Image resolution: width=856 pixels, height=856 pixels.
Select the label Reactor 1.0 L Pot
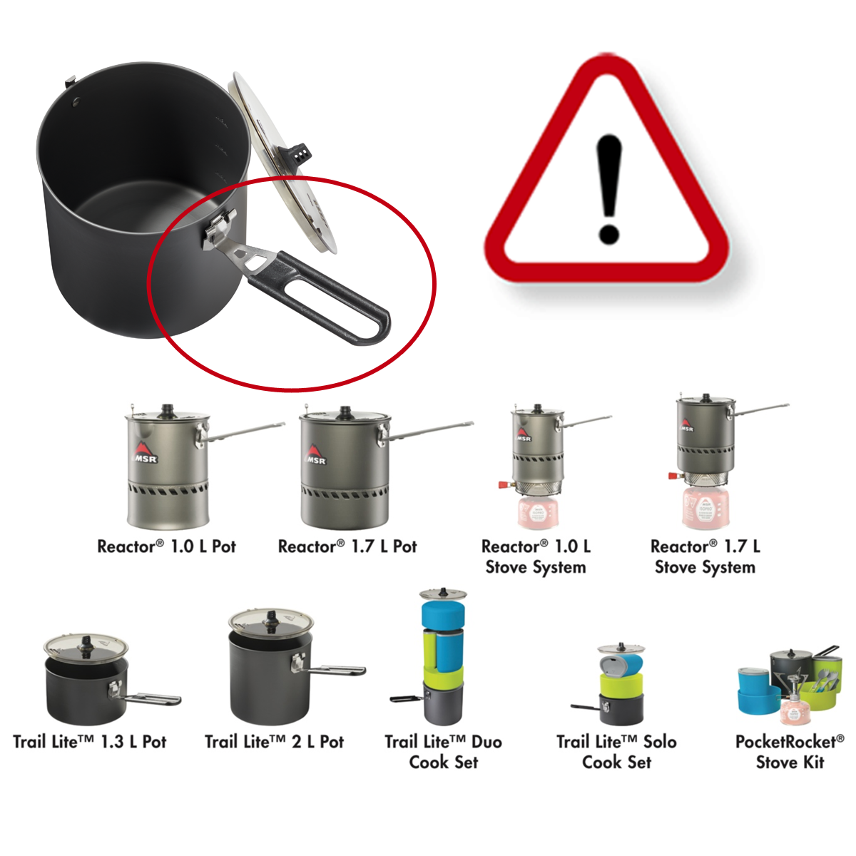tap(166, 546)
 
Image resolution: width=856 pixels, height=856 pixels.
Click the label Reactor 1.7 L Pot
tap(347, 546)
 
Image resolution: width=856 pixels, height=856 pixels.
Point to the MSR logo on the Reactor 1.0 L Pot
tap(144, 454)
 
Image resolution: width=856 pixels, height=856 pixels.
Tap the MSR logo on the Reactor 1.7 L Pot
tap(315, 457)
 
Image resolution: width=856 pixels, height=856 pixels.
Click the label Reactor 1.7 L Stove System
tap(705, 557)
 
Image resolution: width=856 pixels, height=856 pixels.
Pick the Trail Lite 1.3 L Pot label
tap(90, 742)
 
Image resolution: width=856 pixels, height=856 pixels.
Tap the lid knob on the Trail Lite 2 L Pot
tap(271, 619)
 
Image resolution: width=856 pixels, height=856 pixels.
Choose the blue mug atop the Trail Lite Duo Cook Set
tap(443, 618)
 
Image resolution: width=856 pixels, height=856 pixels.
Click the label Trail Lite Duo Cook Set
tap(443, 752)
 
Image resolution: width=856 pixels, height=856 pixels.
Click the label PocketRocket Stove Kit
tap(790, 752)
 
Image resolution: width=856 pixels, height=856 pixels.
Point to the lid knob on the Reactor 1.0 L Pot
tap(167, 409)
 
